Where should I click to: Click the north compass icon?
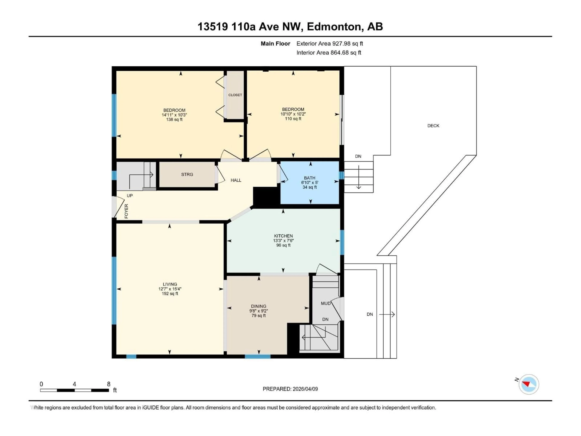click(x=528, y=384)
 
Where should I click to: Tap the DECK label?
click(x=433, y=126)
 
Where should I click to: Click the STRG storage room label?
click(x=187, y=174)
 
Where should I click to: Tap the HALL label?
click(x=236, y=180)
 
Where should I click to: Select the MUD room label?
click(x=326, y=303)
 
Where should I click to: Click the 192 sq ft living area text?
click(x=170, y=294)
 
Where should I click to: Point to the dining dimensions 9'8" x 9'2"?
click(x=258, y=311)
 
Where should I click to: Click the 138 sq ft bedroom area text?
click(x=174, y=119)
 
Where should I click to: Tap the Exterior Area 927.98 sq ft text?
click(x=330, y=44)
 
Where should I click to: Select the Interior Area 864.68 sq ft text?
click(x=329, y=53)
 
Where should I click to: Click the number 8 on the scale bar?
click(x=108, y=384)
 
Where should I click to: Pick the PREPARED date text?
click(x=290, y=389)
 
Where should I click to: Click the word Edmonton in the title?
click(x=334, y=26)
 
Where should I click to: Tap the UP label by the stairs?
click(x=130, y=196)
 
